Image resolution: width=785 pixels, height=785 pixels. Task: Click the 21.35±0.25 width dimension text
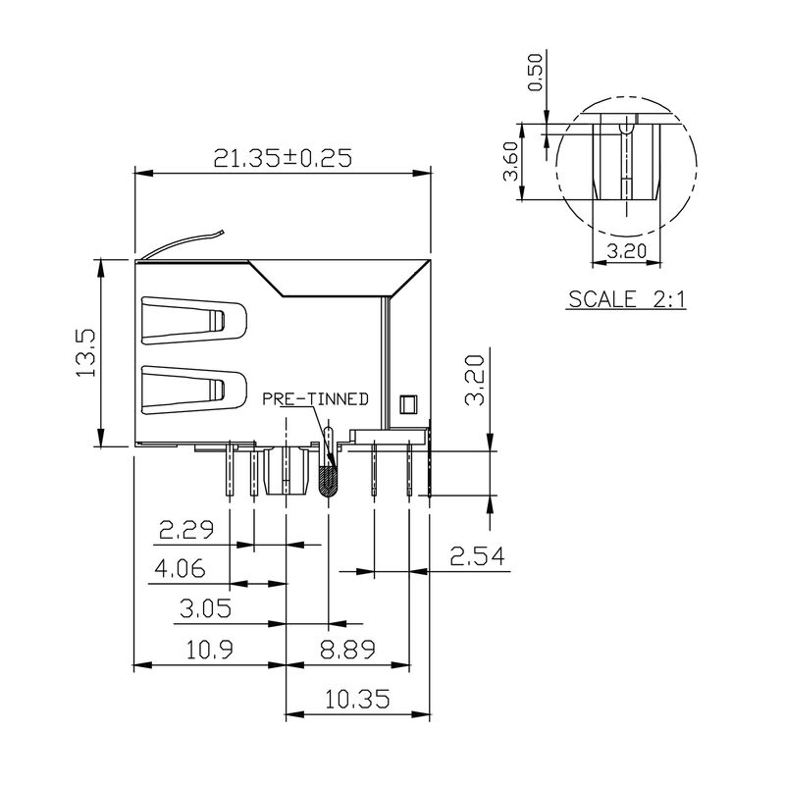[x=285, y=157]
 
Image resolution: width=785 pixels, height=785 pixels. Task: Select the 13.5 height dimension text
[x=85, y=352]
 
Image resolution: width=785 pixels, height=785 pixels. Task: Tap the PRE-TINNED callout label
[x=315, y=398]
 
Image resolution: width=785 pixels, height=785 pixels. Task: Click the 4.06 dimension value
[x=178, y=569]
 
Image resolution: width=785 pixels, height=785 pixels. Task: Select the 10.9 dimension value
[x=205, y=649]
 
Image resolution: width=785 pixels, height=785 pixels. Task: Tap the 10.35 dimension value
[x=358, y=699]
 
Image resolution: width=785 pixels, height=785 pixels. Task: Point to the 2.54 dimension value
[x=476, y=556]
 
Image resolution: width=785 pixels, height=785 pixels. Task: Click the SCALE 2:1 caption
[x=626, y=299]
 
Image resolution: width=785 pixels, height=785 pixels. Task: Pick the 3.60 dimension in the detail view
[x=510, y=163]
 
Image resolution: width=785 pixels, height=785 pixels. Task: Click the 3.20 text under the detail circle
[x=626, y=250]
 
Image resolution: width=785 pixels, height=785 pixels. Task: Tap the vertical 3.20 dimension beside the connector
[x=475, y=381]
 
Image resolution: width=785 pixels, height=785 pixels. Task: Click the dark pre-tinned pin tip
[x=329, y=481]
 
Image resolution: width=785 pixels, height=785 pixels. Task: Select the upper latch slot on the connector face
[x=194, y=321]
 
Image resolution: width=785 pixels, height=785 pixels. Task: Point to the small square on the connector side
[x=408, y=401]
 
